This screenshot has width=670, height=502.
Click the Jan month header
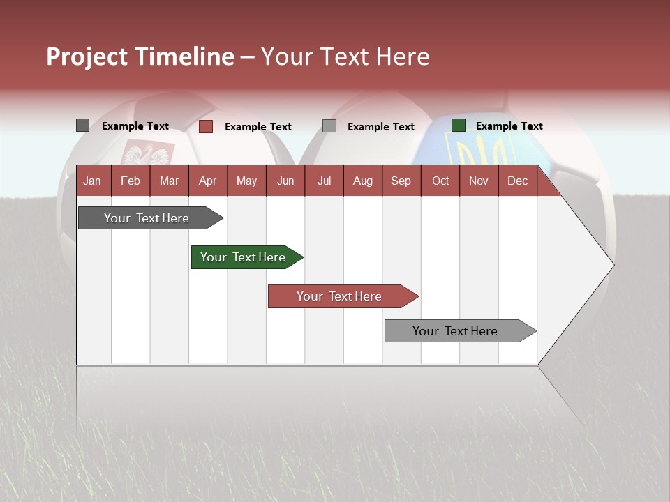(92, 181)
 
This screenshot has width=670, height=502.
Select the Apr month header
(207, 181)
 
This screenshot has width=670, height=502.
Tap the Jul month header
(324, 181)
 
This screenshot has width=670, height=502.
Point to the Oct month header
(440, 181)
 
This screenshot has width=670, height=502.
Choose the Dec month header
(517, 181)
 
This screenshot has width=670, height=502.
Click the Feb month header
(131, 181)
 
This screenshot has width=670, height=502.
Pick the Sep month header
(401, 181)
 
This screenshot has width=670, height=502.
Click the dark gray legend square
(82, 125)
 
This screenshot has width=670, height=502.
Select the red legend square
(205, 126)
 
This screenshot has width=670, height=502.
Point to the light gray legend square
(329, 126)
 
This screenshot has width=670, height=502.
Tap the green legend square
(458, 125)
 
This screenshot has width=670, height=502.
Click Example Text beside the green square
(509, 126)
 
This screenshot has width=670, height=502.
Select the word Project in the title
(87, 56)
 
